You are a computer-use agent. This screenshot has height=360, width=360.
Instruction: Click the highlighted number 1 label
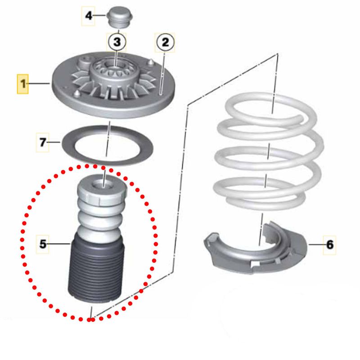[x=23, y=84]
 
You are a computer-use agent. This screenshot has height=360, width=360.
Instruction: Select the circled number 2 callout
[x=165, y=42]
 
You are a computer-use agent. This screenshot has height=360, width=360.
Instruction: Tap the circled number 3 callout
[x=117, y=42]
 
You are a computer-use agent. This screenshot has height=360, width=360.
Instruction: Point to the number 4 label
[x=88, y=16]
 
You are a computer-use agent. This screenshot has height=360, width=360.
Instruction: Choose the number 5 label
[x=42, y=244]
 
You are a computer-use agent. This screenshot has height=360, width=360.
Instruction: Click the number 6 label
[x=330, y=245]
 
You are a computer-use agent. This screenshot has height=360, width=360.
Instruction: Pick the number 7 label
[x=42, y=142]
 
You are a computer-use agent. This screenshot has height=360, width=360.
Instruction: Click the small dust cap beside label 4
[x=120, y=18]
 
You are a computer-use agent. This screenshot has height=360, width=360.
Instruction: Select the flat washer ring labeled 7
[x=108, y=145]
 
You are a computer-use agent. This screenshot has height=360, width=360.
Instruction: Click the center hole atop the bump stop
[x=103, y=185]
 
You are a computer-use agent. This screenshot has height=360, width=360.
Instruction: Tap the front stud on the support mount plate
[x=76, y=94]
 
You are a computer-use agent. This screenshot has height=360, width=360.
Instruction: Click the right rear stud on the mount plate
[x=151, y=63]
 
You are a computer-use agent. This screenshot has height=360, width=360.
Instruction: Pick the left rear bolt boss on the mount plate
[x=83, y=63]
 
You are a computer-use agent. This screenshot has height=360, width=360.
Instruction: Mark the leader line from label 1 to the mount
[x=39, y=84]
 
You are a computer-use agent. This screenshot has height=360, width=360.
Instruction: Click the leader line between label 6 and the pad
[x=316, y=244]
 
